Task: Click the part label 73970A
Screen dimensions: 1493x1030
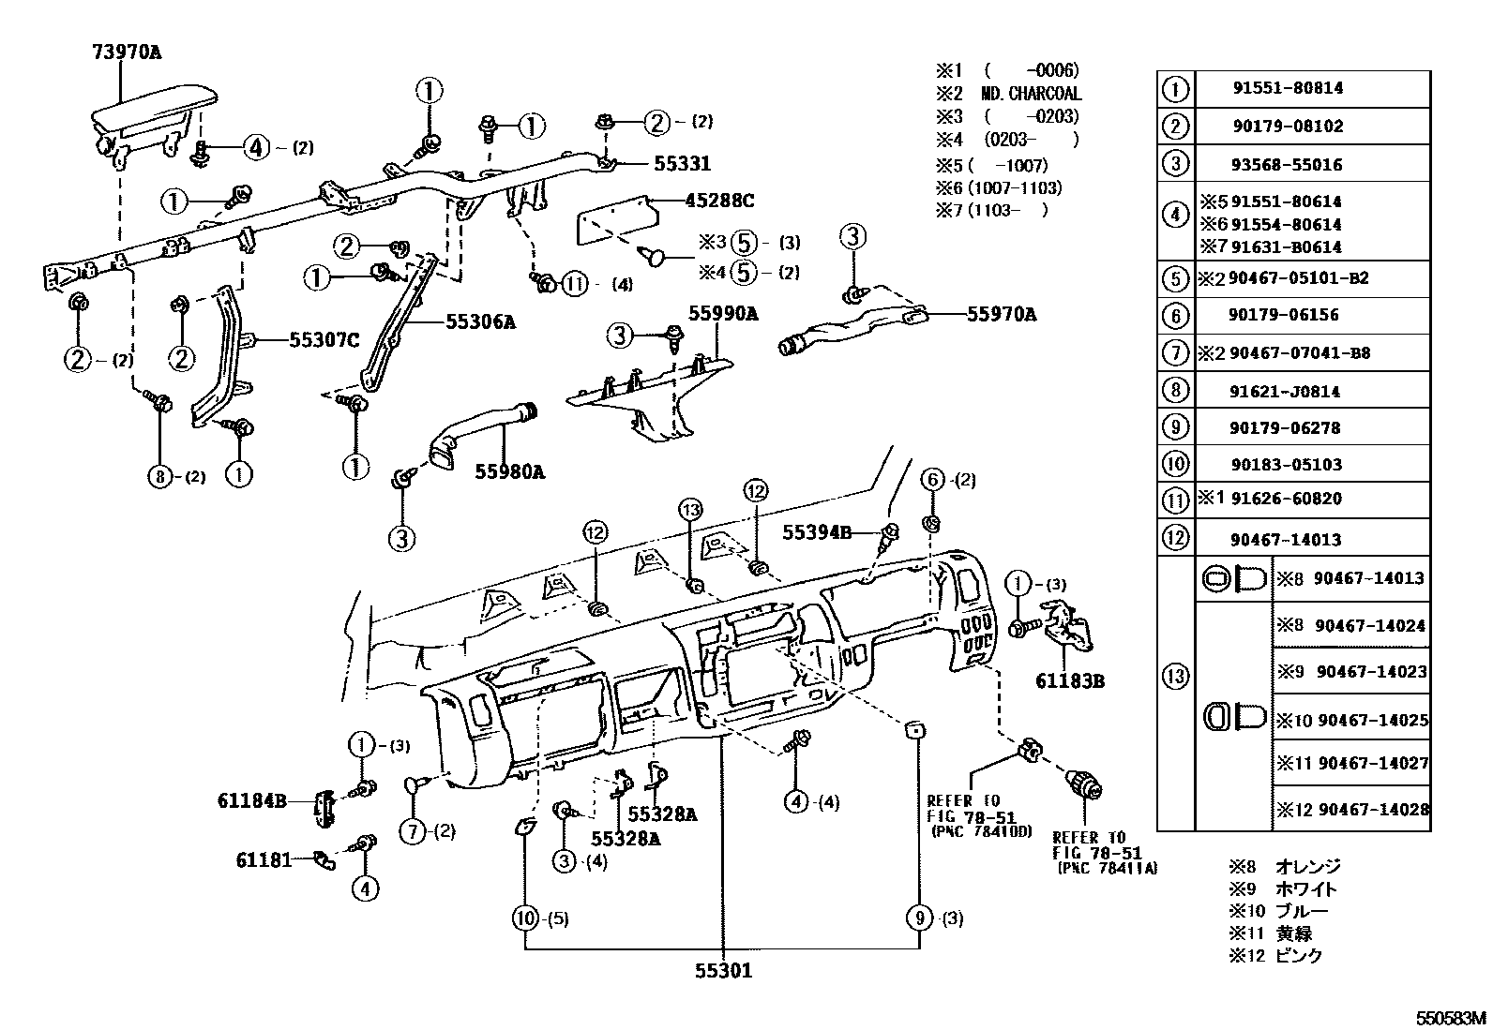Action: pos(126,52)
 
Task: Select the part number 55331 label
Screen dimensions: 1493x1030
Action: pos(682,163)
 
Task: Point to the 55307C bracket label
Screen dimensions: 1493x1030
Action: pos(324,340)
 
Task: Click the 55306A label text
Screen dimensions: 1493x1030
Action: pos(480,321)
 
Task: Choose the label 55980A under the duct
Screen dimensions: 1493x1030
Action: pos(509,471)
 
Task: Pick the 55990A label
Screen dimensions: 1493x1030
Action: pos(722,314)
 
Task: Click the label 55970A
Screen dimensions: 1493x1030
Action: pos(1001,315)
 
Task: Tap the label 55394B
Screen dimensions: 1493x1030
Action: pos(817,532)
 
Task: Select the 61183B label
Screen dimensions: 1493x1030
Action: pos(1069,681)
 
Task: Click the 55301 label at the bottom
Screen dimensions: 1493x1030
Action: pos(723,971)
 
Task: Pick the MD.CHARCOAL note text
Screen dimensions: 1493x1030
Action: pos(1031,94)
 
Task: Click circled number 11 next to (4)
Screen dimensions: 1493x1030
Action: pos(575,284)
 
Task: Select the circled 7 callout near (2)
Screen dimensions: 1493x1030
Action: pos(412,830)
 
